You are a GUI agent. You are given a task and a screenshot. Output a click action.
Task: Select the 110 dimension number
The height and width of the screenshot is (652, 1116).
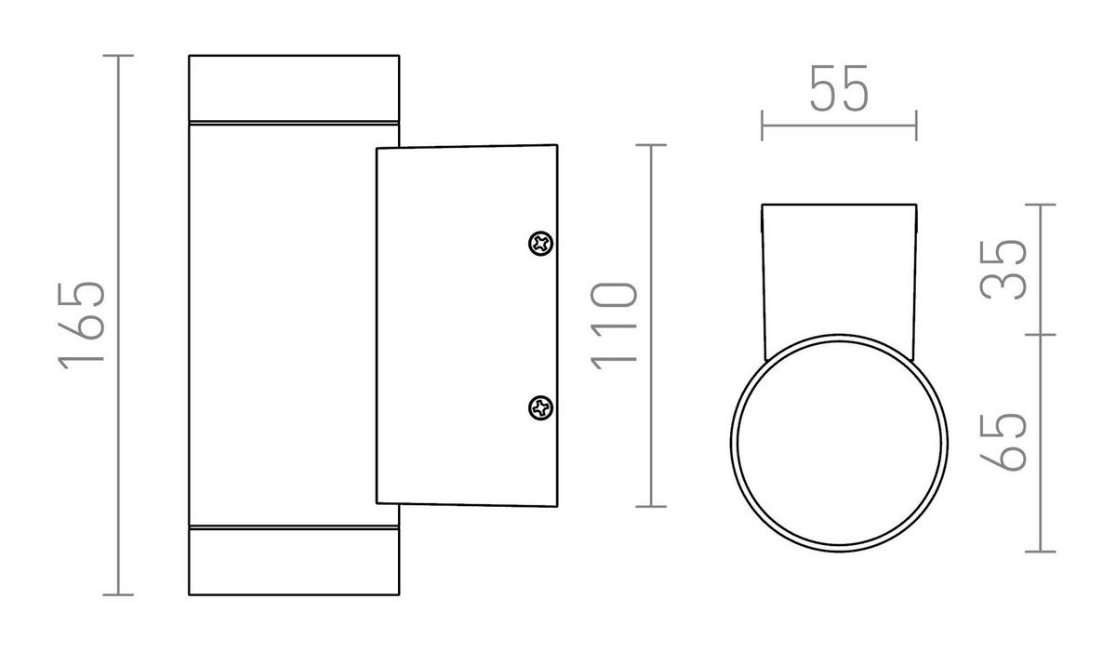click(x=615, y=326)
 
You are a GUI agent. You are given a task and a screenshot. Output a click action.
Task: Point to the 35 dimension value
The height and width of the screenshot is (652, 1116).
click(x=1004, y=269)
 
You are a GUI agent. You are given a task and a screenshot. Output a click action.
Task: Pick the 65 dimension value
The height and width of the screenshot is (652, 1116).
click(x=1004, y=441)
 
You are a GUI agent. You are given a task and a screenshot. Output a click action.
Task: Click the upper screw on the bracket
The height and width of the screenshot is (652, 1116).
click(x=540, y=244)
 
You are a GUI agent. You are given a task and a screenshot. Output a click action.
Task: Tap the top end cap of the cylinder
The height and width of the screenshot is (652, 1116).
click(x=294, y=88)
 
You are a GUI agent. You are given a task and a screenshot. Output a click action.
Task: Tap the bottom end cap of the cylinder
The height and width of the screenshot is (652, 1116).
click(x=294, y=561)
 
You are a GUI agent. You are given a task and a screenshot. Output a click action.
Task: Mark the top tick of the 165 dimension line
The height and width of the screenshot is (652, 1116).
click(x=117, y=56)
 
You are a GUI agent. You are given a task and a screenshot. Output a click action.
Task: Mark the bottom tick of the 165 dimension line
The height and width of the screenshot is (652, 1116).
click(x=117, y=593)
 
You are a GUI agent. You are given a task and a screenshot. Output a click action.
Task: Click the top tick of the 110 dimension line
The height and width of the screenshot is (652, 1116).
click(x=651, y=145)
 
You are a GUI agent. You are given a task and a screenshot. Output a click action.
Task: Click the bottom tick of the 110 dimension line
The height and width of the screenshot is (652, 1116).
click(x=651, y=506)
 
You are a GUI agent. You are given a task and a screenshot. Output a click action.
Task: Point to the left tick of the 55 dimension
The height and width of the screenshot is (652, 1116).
click(x=763, y=125)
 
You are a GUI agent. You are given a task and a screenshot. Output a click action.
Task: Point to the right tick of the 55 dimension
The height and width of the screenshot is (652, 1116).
click(x=916, y=125)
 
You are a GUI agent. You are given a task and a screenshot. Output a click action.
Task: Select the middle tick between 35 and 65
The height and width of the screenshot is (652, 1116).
click(x=1040, y=334)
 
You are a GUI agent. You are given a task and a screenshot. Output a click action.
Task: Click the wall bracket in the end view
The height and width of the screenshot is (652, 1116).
click(x=839, y=270)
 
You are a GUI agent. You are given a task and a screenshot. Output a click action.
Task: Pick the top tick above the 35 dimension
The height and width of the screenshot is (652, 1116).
click(x=1040, y=204)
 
